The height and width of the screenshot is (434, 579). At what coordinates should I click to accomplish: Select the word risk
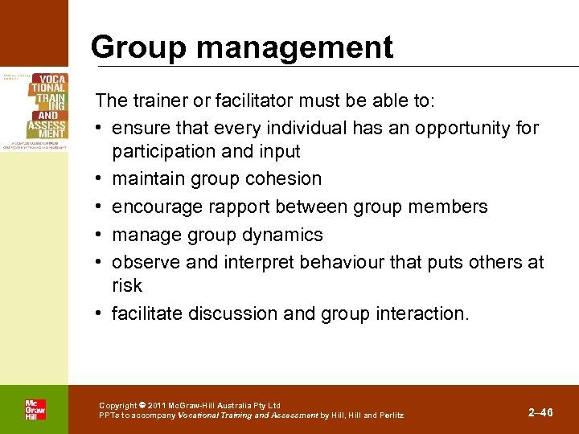tap(127, 286)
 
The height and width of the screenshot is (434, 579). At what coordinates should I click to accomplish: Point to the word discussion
tap(248, 314)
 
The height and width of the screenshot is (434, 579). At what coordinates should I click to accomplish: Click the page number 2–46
tap(540, 412)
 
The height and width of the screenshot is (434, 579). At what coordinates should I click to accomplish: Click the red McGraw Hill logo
tap(35, 409)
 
